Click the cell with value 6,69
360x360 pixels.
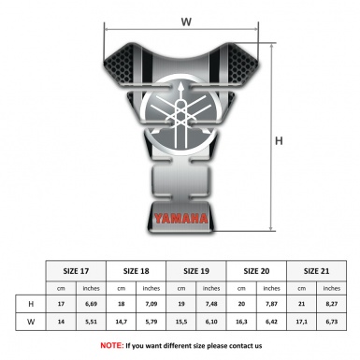(x=91, y=304)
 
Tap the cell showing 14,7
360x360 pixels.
(x=121, y=323)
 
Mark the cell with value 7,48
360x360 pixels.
(x=211, y=304)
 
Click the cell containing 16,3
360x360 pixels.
(x=241, y=323)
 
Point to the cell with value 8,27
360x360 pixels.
(x=331, y=304)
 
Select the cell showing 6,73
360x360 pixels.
(x=331, y=323)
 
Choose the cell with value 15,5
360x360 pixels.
(x=181, y=323)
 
